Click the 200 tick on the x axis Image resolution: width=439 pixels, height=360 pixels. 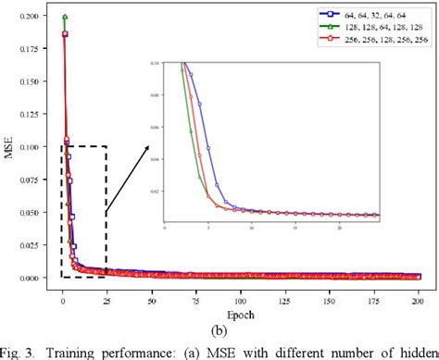pyautogui.click(x=418, y=289)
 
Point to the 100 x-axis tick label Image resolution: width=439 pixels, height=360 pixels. pyautogui.click(x=240, y=289)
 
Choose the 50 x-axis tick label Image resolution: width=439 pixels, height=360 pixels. pyautogui.click(x=151, y=289)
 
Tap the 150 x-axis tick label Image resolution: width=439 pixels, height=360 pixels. pyautogui.click(x=329, y=289)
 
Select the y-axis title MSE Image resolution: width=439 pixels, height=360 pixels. pyautogui.click(x=8, y=147)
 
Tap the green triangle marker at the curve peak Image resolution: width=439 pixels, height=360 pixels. pyautogui.click(x=65, y=17)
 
